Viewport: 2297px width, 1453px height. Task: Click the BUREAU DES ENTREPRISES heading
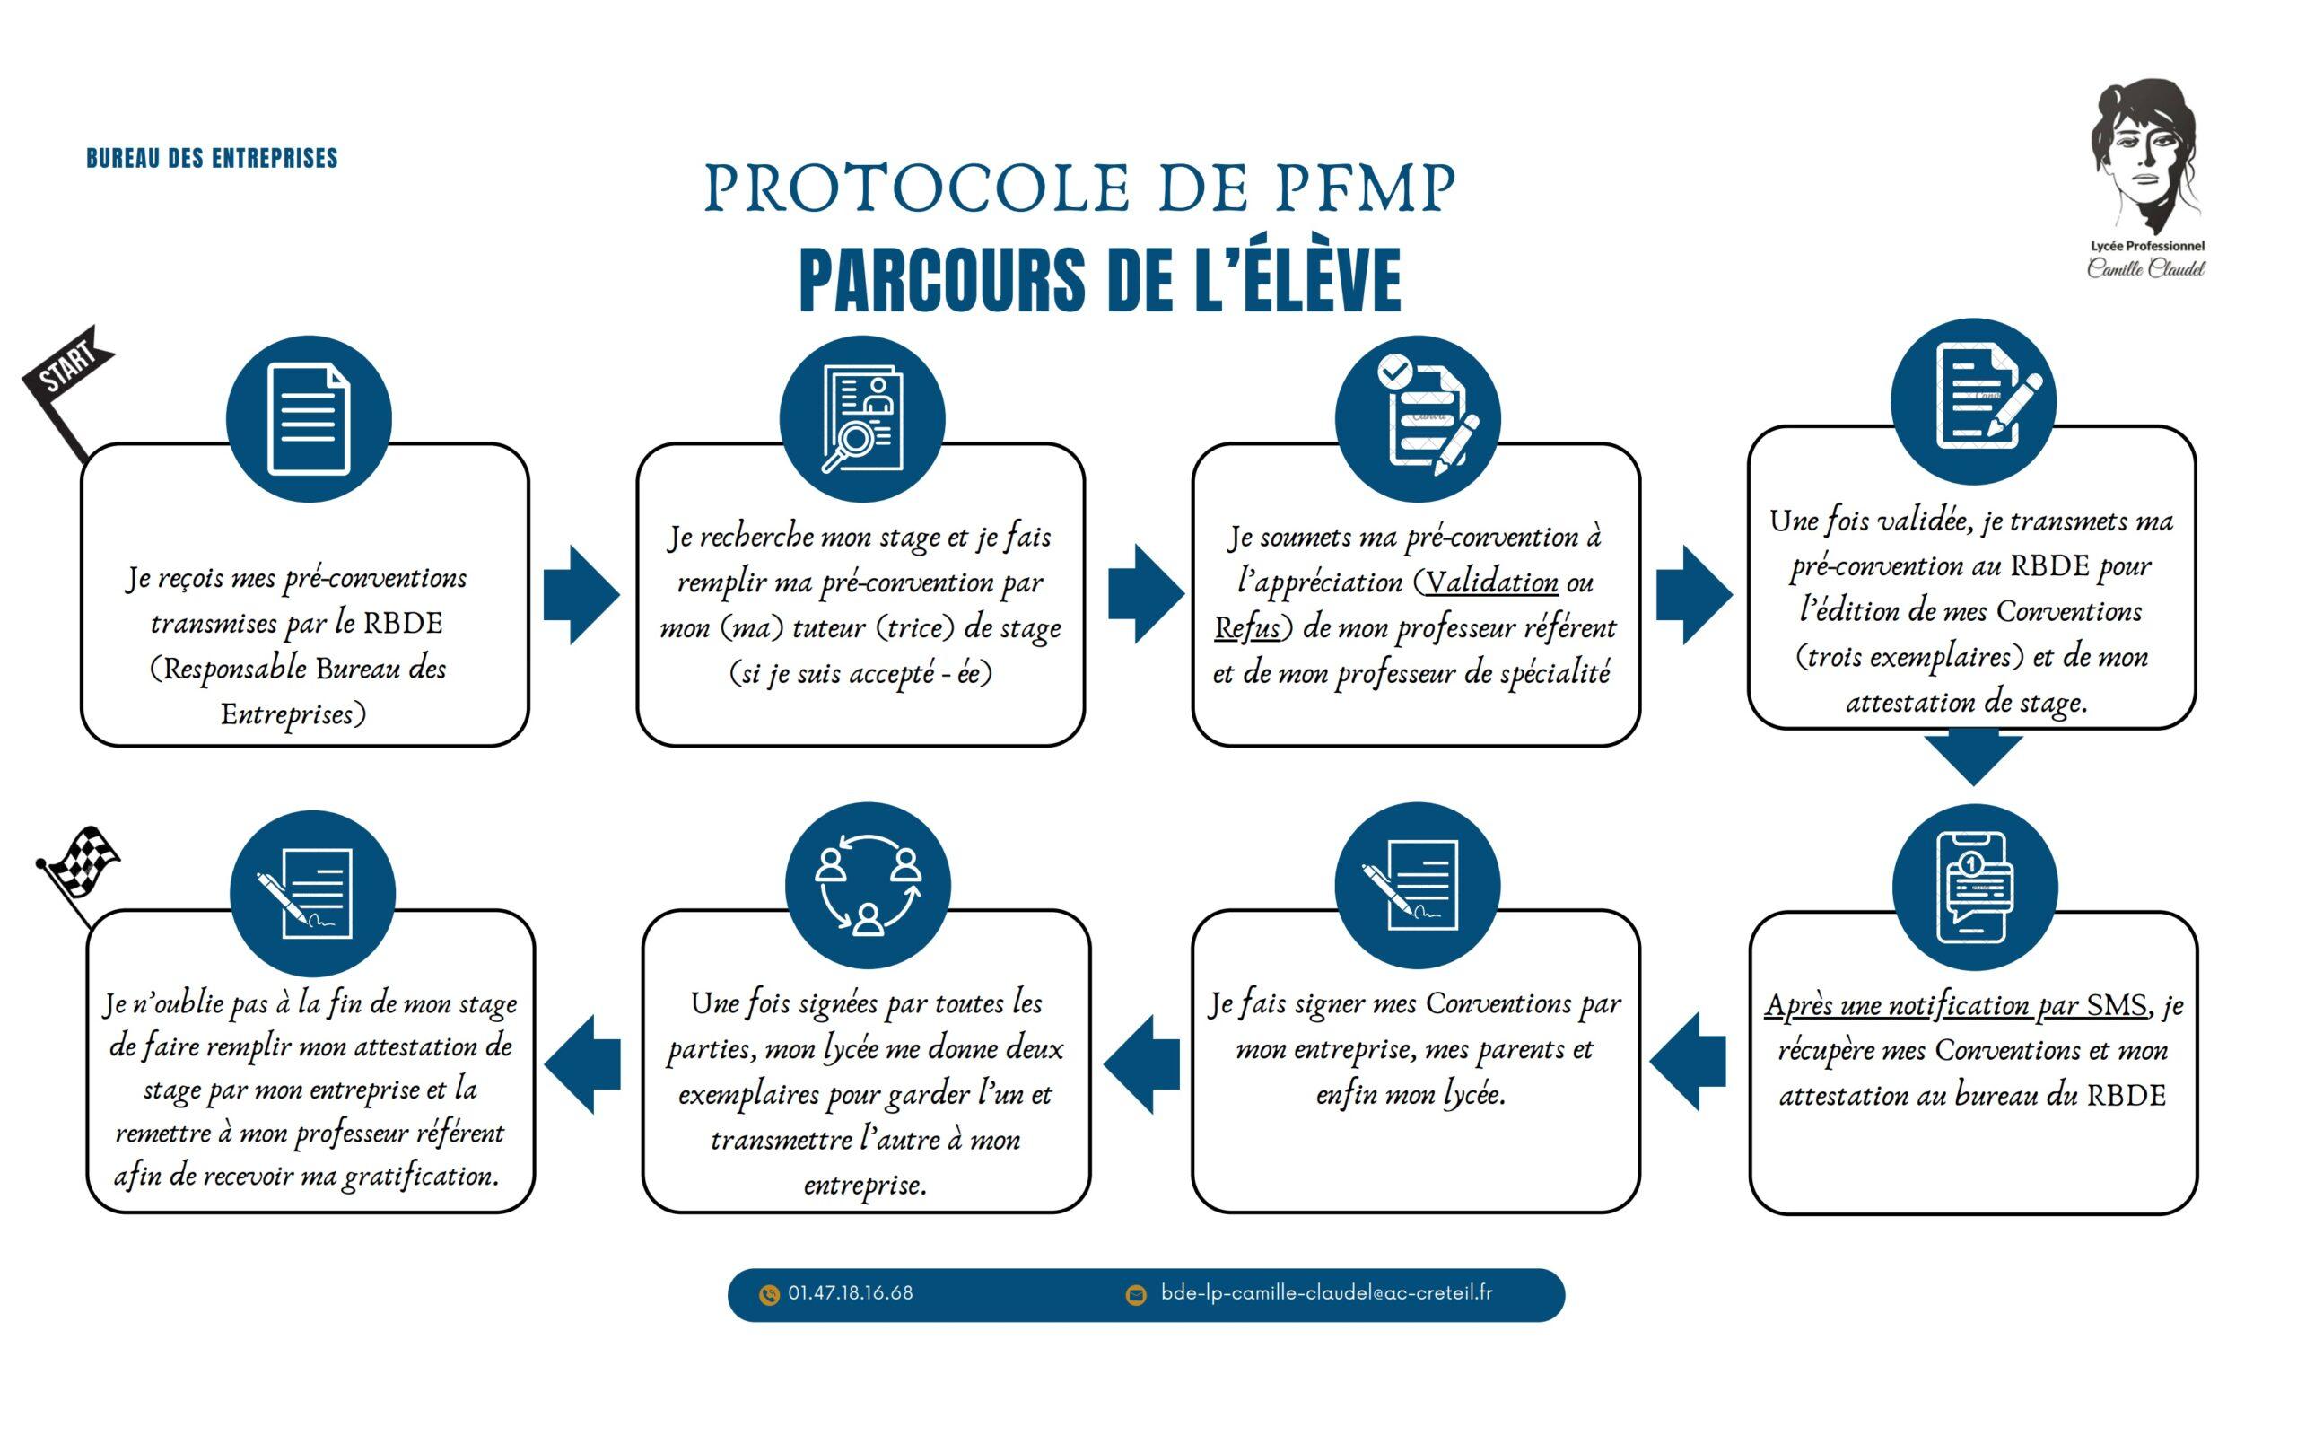[212, 158]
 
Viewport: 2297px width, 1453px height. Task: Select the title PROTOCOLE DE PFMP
[1079, 188]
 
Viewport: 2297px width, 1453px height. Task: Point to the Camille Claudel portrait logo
[2145, 179]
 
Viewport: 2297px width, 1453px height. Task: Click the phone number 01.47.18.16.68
[850, 1293]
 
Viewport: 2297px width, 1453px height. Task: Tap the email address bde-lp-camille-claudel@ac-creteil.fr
[1327, 1292]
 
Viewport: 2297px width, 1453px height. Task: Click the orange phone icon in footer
[769, 1295]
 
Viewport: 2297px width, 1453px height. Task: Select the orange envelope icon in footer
[1135, 1295]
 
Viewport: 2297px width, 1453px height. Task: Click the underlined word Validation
[1491, 582]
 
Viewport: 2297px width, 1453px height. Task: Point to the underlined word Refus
[1248, 627]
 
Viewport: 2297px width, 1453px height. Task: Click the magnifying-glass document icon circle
[861, 419]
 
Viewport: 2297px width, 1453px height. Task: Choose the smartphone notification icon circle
[1974, 888]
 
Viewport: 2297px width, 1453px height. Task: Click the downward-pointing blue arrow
[1973, 759]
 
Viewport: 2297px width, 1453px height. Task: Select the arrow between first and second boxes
[581, 595]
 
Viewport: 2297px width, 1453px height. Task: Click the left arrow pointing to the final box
[582, 1063]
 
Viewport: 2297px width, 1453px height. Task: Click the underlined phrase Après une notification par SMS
[1955, 1005]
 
